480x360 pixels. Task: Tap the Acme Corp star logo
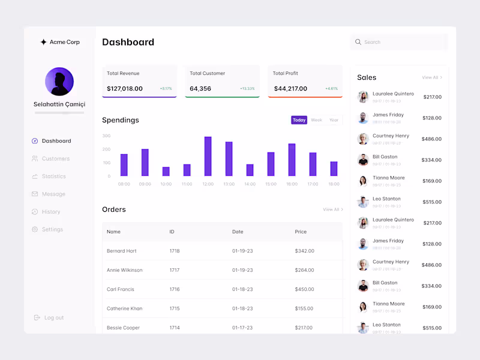point(43,42)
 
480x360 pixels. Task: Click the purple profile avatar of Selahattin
point(59,82)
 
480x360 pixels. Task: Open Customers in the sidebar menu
point(55,159)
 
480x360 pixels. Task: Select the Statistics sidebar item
point(53,176)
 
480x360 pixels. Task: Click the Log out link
point(53,318)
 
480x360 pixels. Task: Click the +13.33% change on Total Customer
point(247,89)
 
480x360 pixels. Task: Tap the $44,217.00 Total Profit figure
point(290,89)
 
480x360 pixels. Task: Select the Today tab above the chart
point(299,120)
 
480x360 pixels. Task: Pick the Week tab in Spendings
point(316,120)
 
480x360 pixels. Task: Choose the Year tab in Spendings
point(334,120)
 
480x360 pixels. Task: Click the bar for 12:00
point(208,157)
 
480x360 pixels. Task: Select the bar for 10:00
point(166,172)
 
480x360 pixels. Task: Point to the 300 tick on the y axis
point(106,136)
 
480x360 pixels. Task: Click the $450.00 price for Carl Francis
point(304,289)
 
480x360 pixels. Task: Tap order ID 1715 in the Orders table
point(174,308)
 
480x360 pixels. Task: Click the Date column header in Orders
point(238,232)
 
